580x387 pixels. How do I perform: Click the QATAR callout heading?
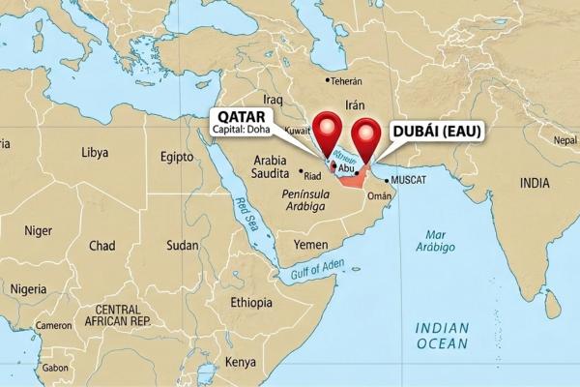coord(241,119)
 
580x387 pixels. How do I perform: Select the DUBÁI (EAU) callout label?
coord(435,133)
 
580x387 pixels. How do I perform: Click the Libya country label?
coord(95,152)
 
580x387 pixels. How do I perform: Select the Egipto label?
coord(177,156)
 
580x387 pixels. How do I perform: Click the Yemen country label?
coord(310,245)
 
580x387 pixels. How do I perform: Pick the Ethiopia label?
coord(251,302)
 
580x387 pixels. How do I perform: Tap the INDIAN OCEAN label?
coord(442,336)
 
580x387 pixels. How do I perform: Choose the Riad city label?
coord(312,176)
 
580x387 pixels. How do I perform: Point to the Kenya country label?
coord(239,362)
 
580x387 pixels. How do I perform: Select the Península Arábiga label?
coord(307,199)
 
